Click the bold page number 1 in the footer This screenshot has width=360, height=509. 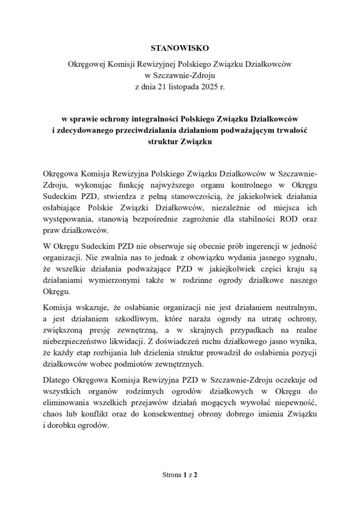185,475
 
